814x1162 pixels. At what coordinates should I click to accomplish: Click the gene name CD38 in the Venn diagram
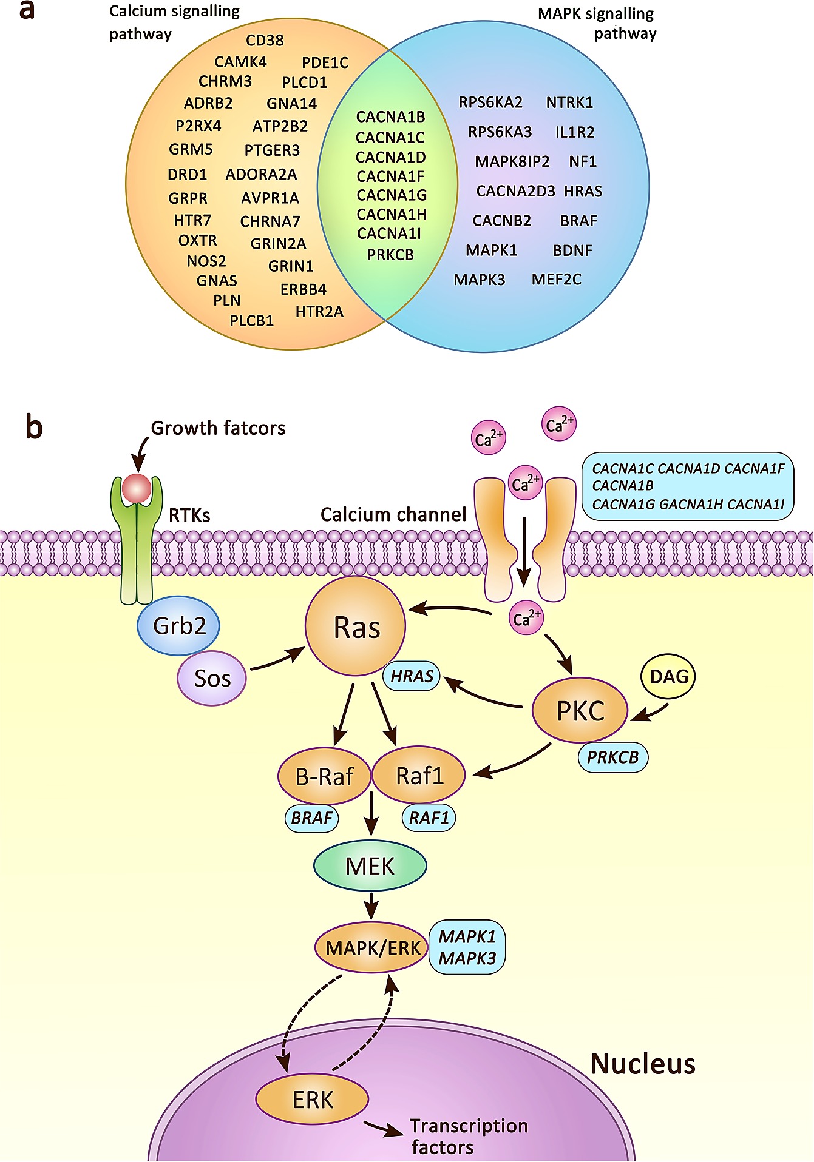265,41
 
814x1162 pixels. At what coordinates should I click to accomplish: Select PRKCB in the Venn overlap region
390,255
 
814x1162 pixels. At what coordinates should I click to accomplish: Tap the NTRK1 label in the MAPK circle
569,102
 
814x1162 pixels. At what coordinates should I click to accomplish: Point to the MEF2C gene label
556,280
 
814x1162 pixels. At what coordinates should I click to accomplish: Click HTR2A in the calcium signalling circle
319,312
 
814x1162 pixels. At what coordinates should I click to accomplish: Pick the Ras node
356,626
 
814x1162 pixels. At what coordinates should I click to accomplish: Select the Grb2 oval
178,626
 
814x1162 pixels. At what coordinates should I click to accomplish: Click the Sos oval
212,678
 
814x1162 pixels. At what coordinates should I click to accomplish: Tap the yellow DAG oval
668,677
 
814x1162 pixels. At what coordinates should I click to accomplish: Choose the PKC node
580,710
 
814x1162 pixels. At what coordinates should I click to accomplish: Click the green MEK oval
370,865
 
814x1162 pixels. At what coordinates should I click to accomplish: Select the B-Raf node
324,776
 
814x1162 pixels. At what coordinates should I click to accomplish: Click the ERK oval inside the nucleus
312,1100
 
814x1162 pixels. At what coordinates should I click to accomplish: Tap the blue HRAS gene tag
412,677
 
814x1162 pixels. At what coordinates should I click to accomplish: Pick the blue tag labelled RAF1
429,818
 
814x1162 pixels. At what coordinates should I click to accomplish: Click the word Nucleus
642,1064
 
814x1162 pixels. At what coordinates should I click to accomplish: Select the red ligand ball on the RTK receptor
137,488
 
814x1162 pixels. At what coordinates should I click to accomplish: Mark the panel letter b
34,427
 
